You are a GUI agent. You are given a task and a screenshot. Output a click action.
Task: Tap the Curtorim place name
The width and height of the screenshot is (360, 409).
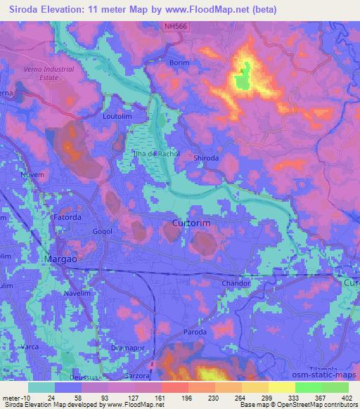coord(191,223)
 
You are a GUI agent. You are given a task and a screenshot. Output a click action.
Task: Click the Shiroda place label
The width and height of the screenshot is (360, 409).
coord(207,159)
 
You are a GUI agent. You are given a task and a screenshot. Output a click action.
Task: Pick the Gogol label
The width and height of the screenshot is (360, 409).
coord(103,231)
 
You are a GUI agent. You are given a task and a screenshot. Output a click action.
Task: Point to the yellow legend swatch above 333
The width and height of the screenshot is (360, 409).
coord(281,387)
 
